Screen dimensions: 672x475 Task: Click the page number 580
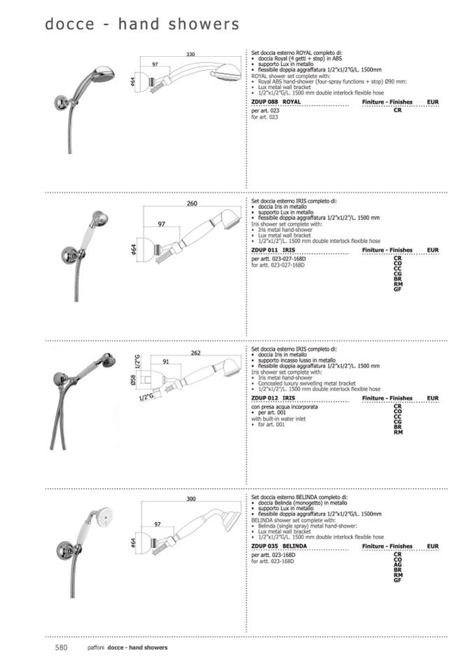click(61, 647)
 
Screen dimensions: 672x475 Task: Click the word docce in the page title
click(69, 25)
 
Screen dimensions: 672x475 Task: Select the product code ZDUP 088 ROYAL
click(275, 102)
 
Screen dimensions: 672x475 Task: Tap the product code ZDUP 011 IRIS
click(273, 249)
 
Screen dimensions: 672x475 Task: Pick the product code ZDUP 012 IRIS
click(273, 398)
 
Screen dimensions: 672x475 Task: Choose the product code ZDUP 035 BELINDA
click(279, 546)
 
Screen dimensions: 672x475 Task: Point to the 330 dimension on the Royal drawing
click(191, 54)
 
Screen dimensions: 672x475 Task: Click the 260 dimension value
click(192, 204)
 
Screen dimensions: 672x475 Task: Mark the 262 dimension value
click(196, 353)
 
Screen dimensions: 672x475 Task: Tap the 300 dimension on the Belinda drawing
click(191, 500)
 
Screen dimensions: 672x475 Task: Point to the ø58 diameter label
click(132, 380)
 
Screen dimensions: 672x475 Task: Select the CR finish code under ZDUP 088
click(397, 111)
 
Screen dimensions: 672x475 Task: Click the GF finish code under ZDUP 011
click(397, 289)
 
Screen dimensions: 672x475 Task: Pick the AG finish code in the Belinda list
click(397, 565)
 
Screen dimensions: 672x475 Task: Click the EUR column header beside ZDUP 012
click(432, 398)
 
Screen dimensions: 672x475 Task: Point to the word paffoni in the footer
click(96, 647)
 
